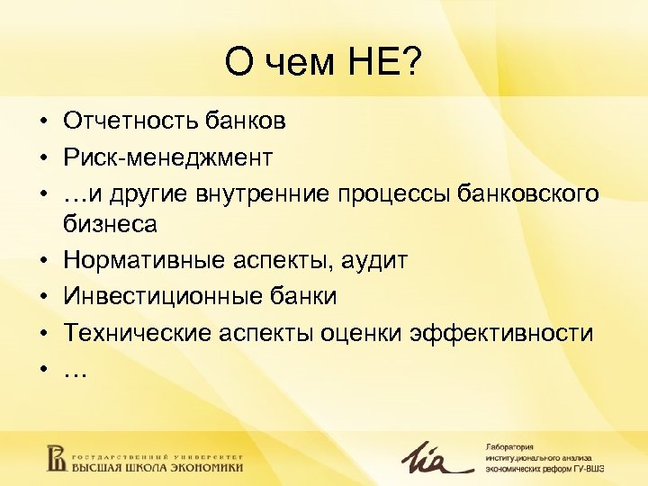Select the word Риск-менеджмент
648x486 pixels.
(167, 157)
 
